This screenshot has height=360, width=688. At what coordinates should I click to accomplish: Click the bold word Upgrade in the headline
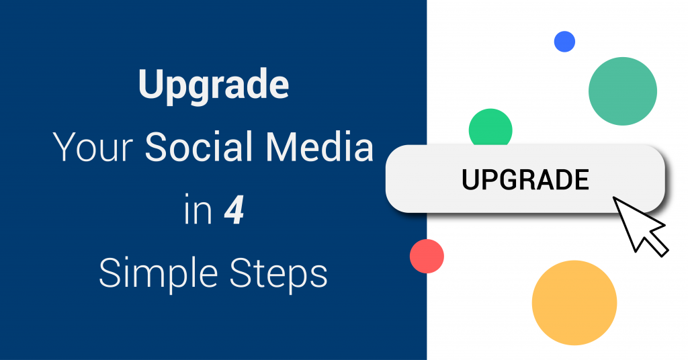tap(214, 86)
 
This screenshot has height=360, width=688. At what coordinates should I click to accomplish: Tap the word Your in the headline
tap(93, 147)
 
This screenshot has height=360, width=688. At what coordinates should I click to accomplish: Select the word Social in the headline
tap(200, 146)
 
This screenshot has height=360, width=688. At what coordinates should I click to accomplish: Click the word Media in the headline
tap(319, 146)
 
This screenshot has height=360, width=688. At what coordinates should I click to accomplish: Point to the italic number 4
tap(234, 210)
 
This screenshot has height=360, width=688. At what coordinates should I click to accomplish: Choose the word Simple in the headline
tap(159, 273)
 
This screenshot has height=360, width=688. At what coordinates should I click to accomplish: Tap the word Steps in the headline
tap(279, 273)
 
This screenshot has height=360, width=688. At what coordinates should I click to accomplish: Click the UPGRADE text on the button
tap(525, 179)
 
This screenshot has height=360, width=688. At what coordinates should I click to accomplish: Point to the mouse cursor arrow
tap(640, 226)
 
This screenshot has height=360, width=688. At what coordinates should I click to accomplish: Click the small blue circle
tap(564, 42)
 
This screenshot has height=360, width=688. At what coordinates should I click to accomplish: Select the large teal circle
tap(623, 91)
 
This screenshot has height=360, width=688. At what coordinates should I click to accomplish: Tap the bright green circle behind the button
tap(490, 126)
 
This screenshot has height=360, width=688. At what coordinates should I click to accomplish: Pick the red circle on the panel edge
tap(427, 256)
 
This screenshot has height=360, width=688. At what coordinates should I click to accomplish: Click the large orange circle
tap(574, 302)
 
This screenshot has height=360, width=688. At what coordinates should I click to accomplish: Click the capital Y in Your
tap(67, 147)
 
